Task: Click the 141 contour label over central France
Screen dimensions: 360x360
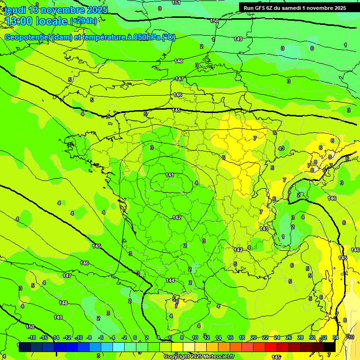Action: (x=170, y=175)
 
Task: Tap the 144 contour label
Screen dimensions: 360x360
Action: (x=170, y=280)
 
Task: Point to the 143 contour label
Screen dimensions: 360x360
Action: (x=264, y=229)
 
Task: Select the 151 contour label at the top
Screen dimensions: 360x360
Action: (x=176, y=3)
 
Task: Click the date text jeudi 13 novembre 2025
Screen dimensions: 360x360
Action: (x=56, y=10)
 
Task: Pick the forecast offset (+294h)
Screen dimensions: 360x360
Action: (x=83, y=21)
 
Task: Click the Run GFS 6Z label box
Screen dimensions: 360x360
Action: (x=294, y=8)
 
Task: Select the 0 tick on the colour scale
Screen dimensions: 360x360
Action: (x=135, y=338)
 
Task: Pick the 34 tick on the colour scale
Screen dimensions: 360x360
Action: (x=336, y=338)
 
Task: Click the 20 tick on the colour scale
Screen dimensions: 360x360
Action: (x=254, y=338)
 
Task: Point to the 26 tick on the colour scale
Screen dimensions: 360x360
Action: (x=289, y=338)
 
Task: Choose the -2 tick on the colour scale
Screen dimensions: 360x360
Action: (x=124, y=338)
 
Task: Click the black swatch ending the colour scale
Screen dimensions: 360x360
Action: (x=330, y=347)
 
